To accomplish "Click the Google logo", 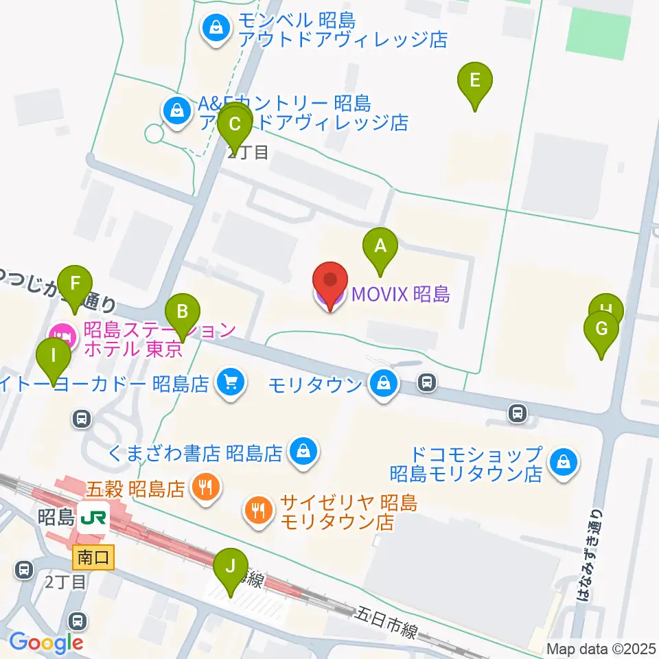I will (46, 643).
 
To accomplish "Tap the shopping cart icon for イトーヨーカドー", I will (231, 383).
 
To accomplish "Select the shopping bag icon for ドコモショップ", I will (563, 463).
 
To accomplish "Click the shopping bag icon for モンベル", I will (216, 29).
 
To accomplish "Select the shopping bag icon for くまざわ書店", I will (301, 452).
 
